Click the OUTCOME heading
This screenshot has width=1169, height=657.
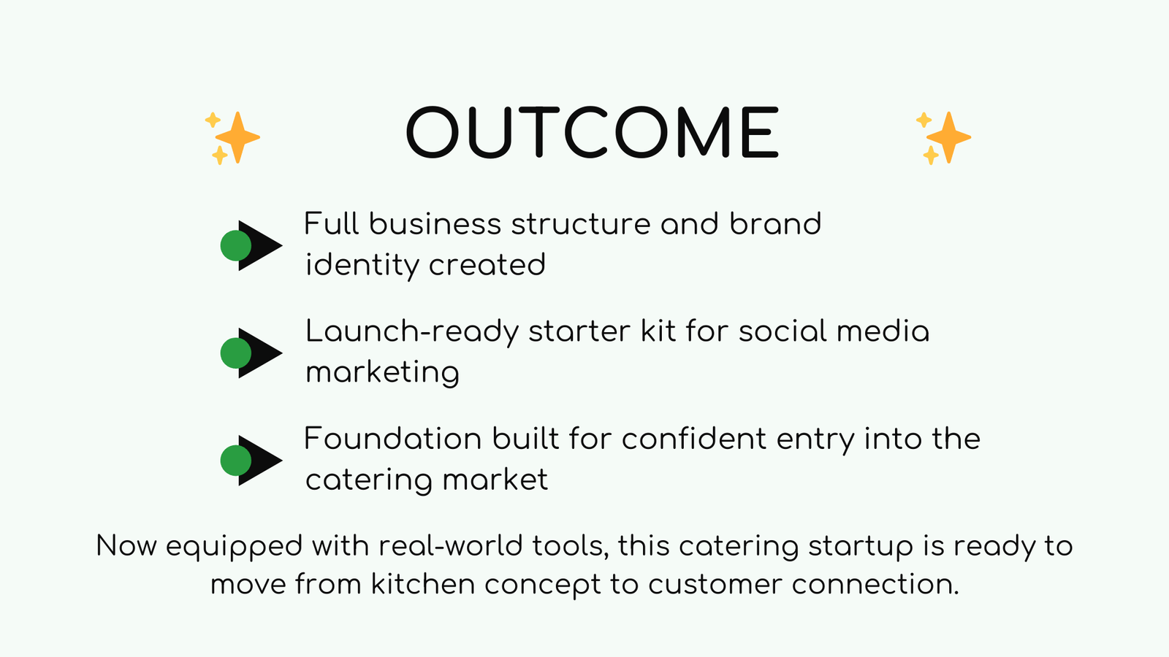(x=593, y=133)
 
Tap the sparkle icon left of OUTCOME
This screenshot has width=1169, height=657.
(x=232, y=137)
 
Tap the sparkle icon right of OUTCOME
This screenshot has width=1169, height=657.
(x=943, y=137)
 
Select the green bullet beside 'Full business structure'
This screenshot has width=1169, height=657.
(x=236, y=246)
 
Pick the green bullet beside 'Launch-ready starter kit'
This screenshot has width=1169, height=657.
(x=236, y=353)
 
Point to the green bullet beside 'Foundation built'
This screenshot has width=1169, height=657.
(x=236, y=461)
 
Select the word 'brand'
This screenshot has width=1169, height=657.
(x=775, y=224)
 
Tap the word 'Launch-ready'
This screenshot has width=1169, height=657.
(x=411, y=332)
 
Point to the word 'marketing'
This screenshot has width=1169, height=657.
(x=382, y=373)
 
